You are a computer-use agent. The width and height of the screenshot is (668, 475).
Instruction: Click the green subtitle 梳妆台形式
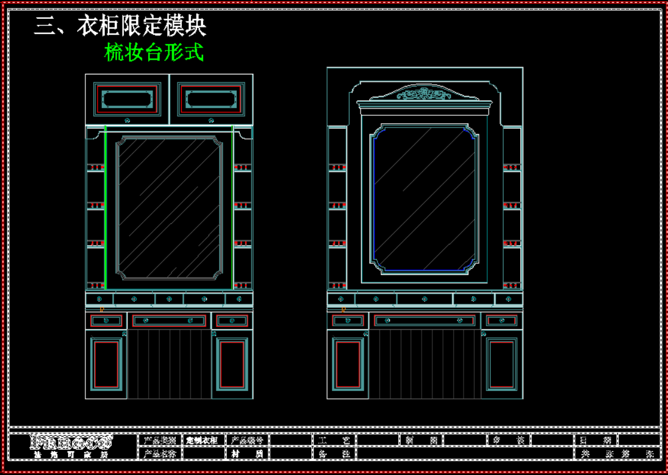[x=154, y=52]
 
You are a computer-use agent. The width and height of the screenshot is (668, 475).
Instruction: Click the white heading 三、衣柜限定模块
[x=120, y=26]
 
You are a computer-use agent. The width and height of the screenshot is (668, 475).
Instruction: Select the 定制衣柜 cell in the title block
[x=202, y=440]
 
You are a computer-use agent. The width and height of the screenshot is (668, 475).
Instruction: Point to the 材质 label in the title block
[x=247, y=454]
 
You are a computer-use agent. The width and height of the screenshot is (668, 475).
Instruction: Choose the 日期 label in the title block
[x=595, y=440]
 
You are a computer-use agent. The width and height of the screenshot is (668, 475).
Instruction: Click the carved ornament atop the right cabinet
[x=425, y=94]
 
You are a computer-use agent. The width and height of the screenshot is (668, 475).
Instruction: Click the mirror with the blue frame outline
[x=424, y=199]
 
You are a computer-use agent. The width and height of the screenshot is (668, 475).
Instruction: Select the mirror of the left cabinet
[x=169, y=207]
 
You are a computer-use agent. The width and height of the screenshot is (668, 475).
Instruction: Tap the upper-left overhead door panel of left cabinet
[x=127, y=99]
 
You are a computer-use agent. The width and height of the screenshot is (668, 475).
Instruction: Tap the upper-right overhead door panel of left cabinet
[x=210, y=99]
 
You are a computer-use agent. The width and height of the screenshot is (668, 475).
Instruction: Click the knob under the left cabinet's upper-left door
[x=127, y=120]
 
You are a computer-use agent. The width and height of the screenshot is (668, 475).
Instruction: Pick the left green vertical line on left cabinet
[x=106, y=207]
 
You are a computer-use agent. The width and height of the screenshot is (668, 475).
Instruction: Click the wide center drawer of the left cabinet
[x=169, y=321]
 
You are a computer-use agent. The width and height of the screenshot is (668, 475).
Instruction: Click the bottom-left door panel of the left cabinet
[x=106, y=364]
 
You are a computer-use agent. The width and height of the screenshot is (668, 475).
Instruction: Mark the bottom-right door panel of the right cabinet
[x=502, y=364]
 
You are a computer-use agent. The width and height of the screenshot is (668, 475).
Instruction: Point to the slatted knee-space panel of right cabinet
[x=424, y=364]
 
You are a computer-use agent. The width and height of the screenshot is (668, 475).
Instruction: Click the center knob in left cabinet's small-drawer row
[x=169, y=299]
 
